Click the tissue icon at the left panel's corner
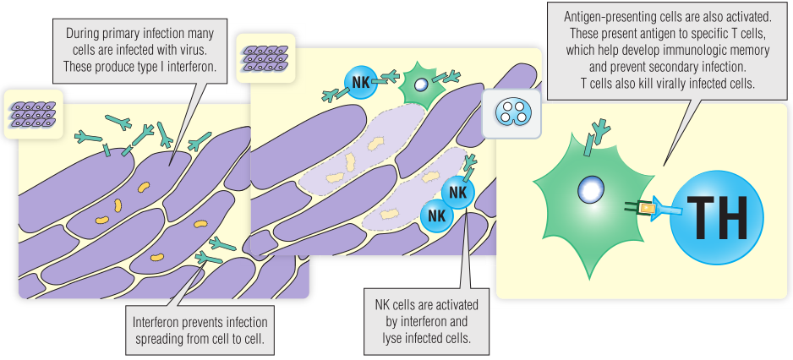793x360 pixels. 32,113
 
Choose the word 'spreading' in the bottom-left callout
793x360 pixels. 160,338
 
